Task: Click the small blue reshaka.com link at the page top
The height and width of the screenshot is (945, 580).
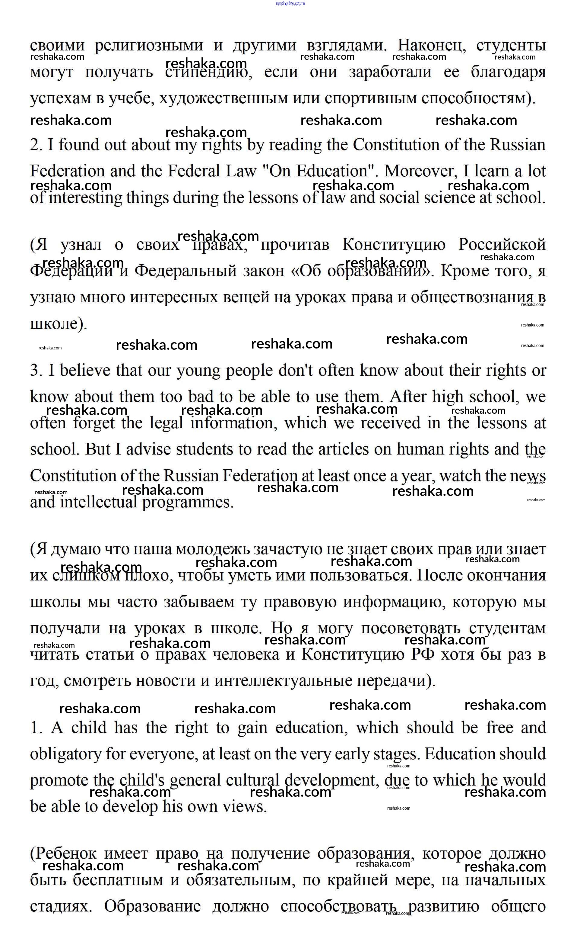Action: click(290, 3)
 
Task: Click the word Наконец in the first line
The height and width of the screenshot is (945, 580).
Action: click(431, 45)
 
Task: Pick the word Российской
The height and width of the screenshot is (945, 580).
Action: click(502, 244)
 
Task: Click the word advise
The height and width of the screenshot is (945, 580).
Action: click(148, 449)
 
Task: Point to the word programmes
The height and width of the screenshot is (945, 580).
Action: click(188, 503)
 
